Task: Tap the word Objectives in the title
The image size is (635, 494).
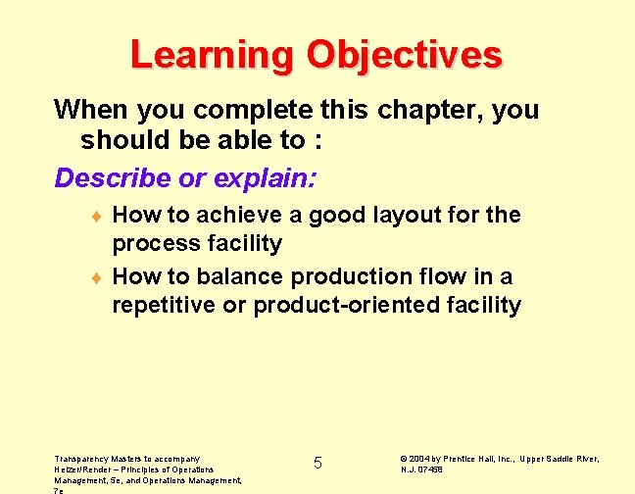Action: pyautogui.click(x=404, y=55)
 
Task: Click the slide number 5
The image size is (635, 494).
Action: pyautogui.click(x=317, y=463)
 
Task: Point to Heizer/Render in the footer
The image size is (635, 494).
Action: pyautogui.click(x=83, y=469)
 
